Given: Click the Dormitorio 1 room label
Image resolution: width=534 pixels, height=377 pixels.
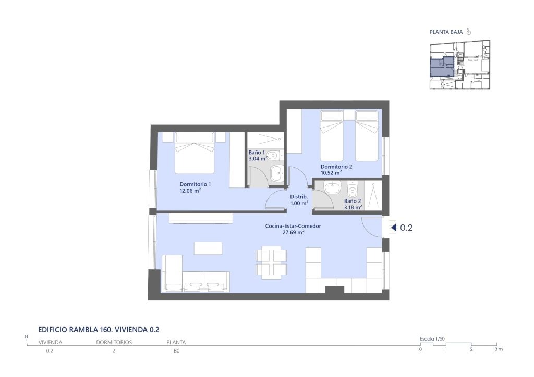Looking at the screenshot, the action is (195, 184).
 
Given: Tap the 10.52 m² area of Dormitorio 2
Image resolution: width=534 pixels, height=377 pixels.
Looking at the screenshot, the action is (331, 173).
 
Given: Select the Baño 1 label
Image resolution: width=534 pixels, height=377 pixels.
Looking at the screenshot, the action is (257, 153).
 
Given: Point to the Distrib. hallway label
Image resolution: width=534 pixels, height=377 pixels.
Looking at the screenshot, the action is (299, 197).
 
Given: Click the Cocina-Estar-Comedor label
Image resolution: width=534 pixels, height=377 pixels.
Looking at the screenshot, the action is (293, 226).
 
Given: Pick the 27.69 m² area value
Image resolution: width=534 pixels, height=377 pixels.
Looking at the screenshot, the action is (293, 233).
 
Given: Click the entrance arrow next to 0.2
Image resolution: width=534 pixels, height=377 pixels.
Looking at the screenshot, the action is (394, 228).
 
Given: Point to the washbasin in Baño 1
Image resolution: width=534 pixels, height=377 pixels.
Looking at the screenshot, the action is (277, 173).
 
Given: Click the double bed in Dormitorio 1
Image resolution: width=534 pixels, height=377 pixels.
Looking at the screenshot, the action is (195, 153).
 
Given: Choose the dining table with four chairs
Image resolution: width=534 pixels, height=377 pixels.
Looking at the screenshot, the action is (271, 263).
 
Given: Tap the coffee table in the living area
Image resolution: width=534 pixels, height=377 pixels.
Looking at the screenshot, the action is (208, 248).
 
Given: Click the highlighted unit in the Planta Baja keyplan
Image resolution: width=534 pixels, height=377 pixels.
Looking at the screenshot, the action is (442, 67).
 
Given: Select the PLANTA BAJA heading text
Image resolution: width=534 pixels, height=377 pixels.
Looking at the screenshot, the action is (446, 32).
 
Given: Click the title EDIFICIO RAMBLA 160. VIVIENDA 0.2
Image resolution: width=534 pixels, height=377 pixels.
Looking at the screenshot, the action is (99, 330).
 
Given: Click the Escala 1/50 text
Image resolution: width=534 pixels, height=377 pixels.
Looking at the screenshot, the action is (432, 339).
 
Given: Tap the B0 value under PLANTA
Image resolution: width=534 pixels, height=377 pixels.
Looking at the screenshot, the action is (176, 351).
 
